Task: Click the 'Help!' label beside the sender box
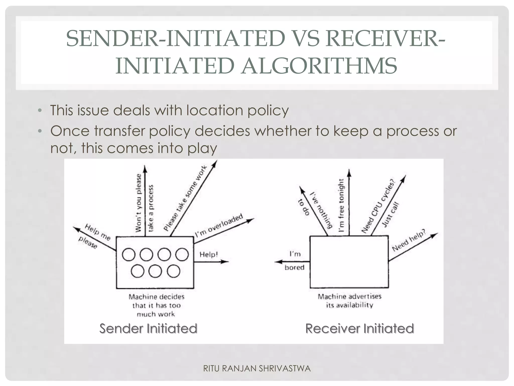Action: coord(209,255)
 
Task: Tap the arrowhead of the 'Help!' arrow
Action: coord(226,262)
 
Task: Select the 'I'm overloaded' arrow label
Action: coord(219,226)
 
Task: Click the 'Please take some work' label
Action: coord(185,198)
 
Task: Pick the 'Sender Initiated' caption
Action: coord(148,328)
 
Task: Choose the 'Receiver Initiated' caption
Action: coord(359,328)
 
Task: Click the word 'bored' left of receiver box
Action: coord(294,267)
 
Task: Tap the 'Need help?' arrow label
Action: coord(409,240)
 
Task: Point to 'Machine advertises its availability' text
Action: coord(350,301)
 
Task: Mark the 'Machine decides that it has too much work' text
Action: coord(156,305)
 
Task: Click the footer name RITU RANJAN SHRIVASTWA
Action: coord(257,368)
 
